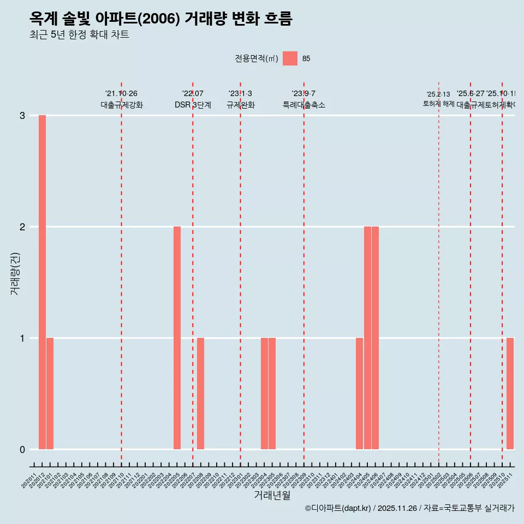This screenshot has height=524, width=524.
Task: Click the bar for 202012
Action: pyautogui.click(x=42, y=282)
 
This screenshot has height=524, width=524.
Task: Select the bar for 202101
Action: pyautogui.click(x=50, y=394)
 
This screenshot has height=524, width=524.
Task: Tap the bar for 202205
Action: pyautogui.click(x=177, y=338)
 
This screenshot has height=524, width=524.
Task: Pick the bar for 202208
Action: pyautogui.click(x=201, y=394)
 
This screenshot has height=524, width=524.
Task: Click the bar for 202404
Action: pyautogui.click(x=359, y=394)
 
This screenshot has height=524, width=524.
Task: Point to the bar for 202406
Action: pyautogui.click(x=375, y=338)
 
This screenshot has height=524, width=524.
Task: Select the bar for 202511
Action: pyautogui.click(x=510, y=394)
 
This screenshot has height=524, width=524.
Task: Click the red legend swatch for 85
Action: pyautogui.click(x=290, y=58)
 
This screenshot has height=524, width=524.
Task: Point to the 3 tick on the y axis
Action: pyautogui.click(x=22, y=115)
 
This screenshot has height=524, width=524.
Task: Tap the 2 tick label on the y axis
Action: pyautogui.click(x=22, y=227)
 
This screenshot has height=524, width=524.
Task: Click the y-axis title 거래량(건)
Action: pyautogui.click(x=15, y=273)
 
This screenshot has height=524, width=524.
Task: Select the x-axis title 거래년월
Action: pyautogui.click(x=272, y=495)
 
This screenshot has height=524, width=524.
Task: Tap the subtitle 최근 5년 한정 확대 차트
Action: pyautogui.click(x=80, y=35)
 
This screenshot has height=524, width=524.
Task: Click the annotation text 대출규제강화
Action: pyautogui.click(x=122, y=105)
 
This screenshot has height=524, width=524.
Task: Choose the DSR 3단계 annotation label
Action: pyautogui.click(x=193, y=105)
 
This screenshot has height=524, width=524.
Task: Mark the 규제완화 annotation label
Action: pyautogui.click(x=241, y=105)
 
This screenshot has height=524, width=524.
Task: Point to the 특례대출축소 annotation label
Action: pyautogui.click(x=304, y=105)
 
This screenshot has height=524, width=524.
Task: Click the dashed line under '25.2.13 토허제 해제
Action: pyautogui.click(x=439, y=273)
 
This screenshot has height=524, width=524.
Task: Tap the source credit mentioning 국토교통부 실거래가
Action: pyautogui.click(x=409, y=508)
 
